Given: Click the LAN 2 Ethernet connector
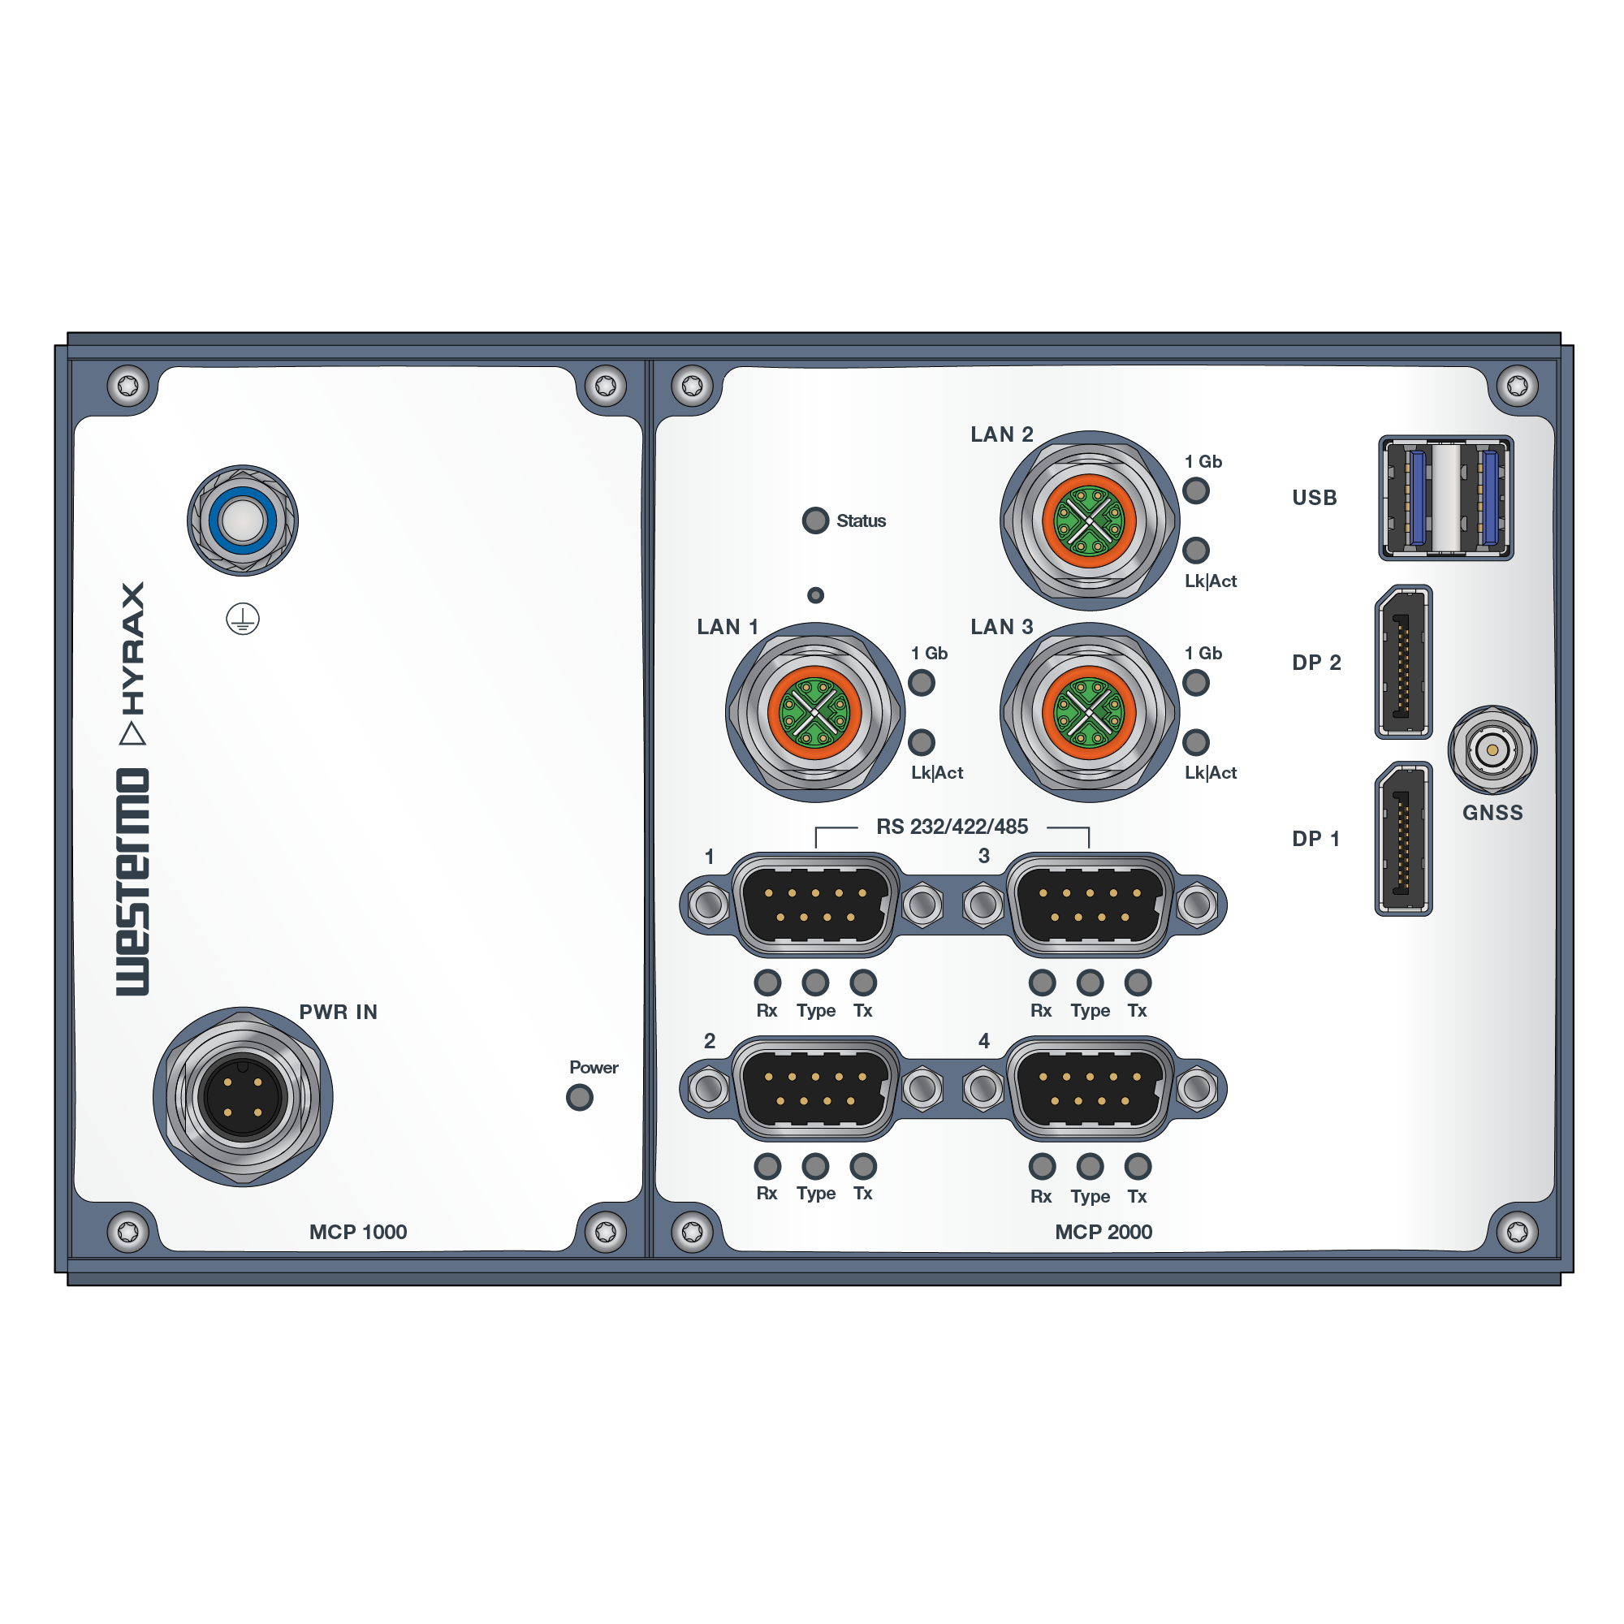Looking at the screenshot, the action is click(x=1089, y=521).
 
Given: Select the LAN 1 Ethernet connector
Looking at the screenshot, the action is click(x=814, y=713).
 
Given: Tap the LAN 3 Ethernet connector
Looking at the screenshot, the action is click(x=1089, y=713).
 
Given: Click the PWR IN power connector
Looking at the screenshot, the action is click(x=243, y=1097).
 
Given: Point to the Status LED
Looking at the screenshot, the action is click(x=815, y=520).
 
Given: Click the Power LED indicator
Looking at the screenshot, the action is click(x=579, y=1097).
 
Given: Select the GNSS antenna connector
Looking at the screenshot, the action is click(x=1492, y=749).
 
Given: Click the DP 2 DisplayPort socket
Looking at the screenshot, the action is click(x=1403, y=663).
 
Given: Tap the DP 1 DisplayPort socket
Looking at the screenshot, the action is click(x=1403, y=839).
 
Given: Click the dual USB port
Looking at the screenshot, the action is click(x=1446, y=498).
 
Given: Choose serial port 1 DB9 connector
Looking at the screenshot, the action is click(x=815, y=905).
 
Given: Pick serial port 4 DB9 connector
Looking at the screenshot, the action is click(x=1090, y=1089).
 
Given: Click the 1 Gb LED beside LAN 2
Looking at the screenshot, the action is click(x=1195, y=490).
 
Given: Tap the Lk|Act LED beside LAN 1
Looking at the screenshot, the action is click(x=922, y=742).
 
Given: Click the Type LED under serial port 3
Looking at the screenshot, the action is click(x=1090, y=982).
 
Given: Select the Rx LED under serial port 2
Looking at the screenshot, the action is click(x=767, y=1166).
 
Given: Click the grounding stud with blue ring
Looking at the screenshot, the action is click(x=243, y=520).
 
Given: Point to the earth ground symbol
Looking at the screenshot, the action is click(x=243, y=620).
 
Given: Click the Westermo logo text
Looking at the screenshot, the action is click(x=133, y=882).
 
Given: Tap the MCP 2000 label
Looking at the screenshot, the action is click(x=1103, y=1233).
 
